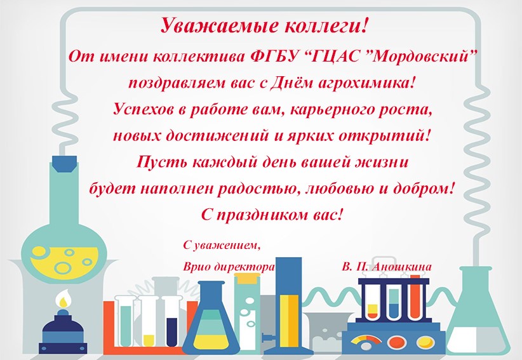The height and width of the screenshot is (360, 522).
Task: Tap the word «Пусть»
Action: point(161,163)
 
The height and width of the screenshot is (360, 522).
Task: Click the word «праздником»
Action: point(263,215)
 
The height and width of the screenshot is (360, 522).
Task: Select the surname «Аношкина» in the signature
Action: point(401,267)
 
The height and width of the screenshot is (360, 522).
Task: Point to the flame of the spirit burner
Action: point(63,299)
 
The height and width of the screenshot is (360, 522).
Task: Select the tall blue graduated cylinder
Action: point(289,303)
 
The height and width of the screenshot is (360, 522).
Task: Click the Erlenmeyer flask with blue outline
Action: point(211,319)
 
